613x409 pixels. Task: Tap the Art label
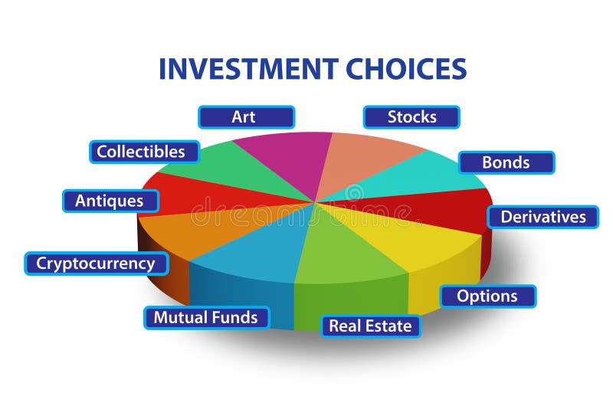point(245,117)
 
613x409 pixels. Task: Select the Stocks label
point(411,117)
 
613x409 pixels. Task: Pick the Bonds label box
point(506,162)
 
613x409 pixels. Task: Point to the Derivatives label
point(543,217)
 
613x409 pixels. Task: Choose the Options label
point(487,296)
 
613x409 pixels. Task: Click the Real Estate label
point(370,326)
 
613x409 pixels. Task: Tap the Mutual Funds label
point(205,317)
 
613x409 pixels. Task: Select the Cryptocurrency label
point(95,263)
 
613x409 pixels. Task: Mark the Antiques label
point(110,201)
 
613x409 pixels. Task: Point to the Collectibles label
point(141,152)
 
